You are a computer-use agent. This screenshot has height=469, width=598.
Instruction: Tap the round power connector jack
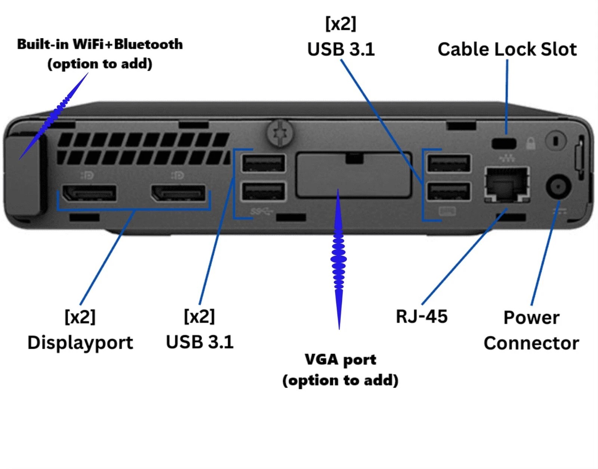click(558, 186)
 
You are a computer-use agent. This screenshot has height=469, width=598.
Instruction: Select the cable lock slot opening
click(504, 143)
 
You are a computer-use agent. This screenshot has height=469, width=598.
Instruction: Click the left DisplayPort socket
click(89, 193)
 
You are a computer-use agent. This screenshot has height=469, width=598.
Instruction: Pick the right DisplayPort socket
click(178, 193)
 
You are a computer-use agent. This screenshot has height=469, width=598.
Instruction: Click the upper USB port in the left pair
click(263, 163)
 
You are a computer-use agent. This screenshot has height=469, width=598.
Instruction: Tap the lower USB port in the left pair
click(263, 191)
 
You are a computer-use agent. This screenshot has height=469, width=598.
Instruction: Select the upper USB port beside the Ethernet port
click(449, 163)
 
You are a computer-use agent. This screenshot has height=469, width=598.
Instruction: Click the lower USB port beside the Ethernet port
click(449, 191)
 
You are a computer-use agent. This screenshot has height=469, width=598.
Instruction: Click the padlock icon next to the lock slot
click(531, 143)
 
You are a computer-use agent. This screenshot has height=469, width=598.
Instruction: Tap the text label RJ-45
click(422, 317)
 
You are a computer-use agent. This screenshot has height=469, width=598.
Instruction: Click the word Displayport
click(80, 343)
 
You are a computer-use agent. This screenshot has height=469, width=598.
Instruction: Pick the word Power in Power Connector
click(531, 318)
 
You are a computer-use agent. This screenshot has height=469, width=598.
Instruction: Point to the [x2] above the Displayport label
click(80, 317)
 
